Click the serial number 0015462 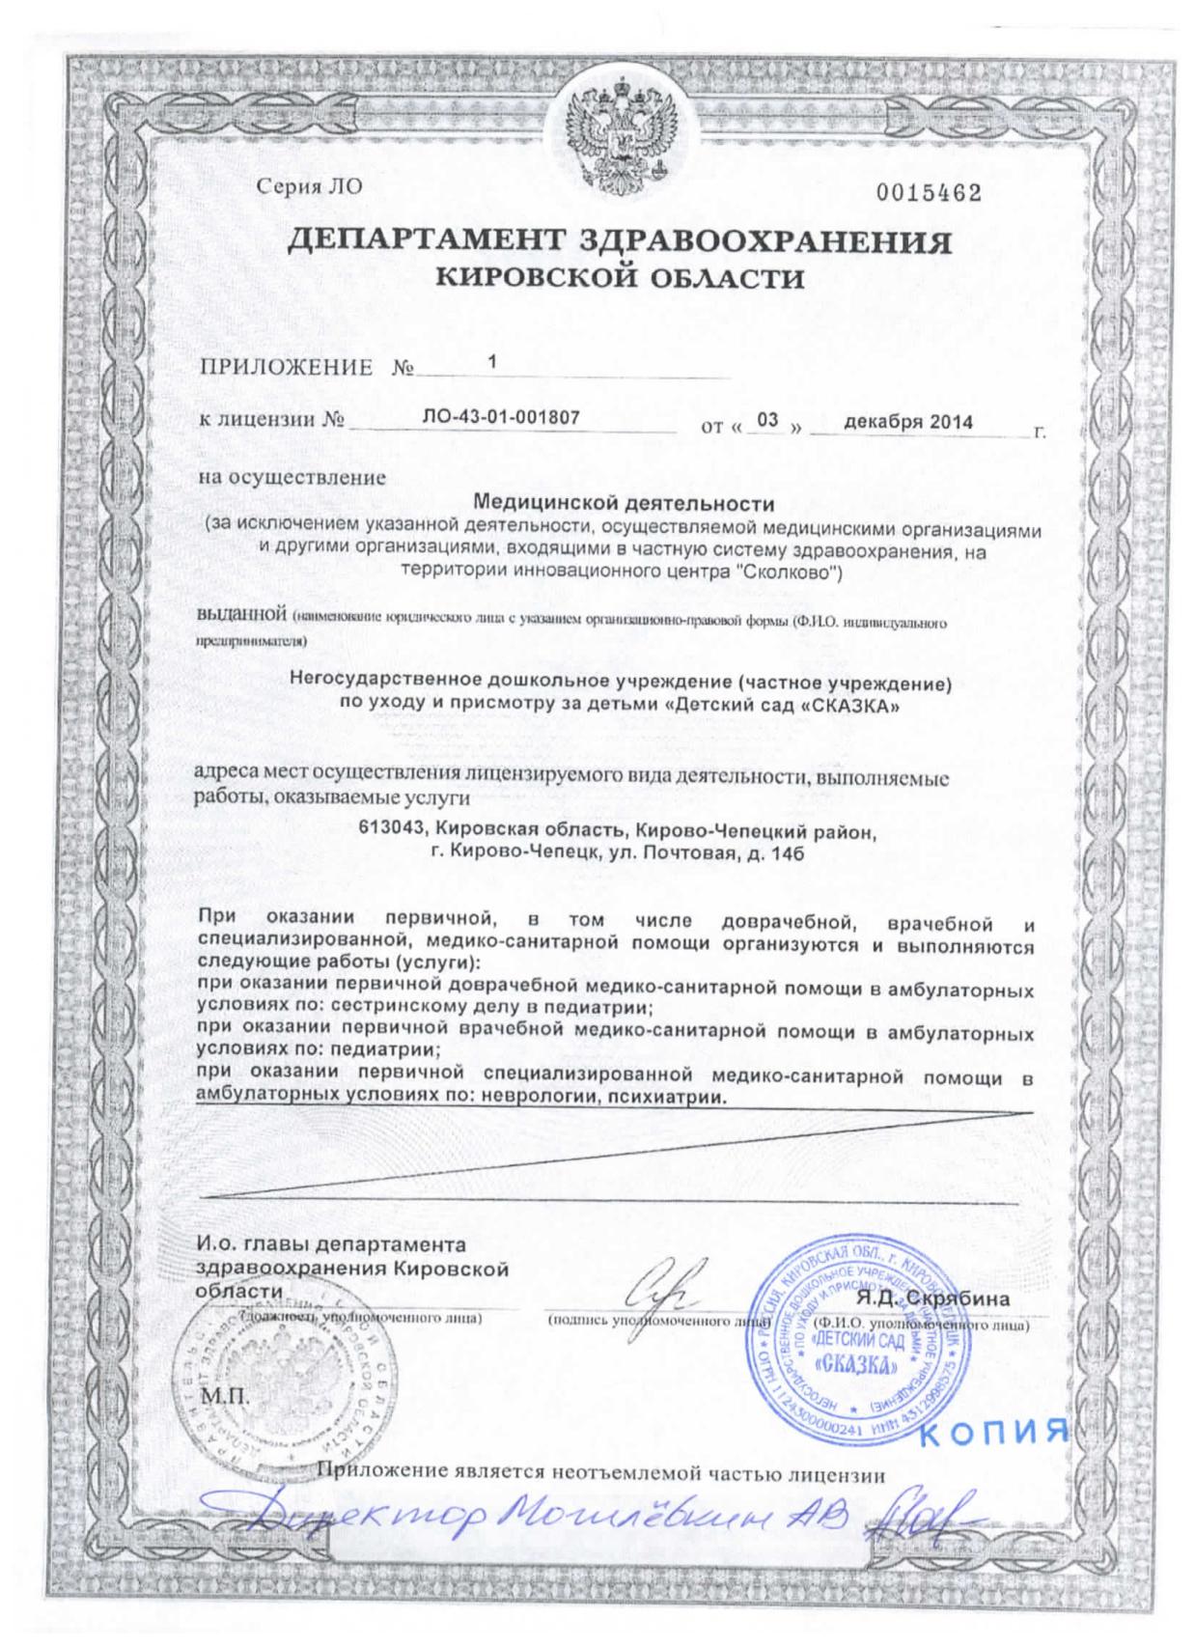point(929,193)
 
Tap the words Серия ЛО point(309,187)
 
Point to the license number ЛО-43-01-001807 point(502,418)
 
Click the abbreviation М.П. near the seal point(224,1397)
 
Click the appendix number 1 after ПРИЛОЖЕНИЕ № point(492,363)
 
